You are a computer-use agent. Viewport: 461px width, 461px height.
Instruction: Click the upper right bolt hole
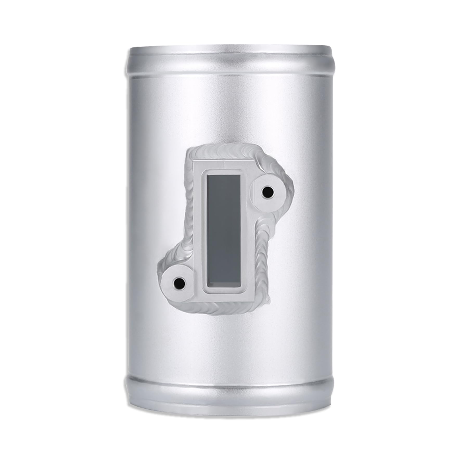click(268, 193)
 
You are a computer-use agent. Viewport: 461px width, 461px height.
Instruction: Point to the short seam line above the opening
click(224, 164)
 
